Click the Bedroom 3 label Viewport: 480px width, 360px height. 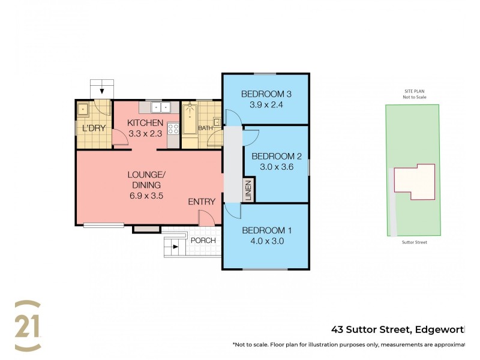266,94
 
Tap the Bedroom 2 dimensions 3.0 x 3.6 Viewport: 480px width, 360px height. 276,167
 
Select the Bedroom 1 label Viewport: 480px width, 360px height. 266,230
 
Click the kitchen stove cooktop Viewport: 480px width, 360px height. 172,128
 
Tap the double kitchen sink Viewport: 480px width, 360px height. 160,108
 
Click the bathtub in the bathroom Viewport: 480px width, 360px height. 190,120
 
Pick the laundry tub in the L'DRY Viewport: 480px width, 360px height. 83,109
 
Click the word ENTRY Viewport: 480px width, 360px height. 201,202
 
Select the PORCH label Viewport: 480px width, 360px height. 202,241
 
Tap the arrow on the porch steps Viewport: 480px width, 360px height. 175,245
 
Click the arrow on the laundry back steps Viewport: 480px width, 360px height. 102,91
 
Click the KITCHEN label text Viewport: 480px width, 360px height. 145,124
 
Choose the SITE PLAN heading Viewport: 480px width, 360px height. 414,91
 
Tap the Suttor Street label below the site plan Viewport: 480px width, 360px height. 414,242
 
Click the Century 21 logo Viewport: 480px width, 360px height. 28,326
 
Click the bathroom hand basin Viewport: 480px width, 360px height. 217,122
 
